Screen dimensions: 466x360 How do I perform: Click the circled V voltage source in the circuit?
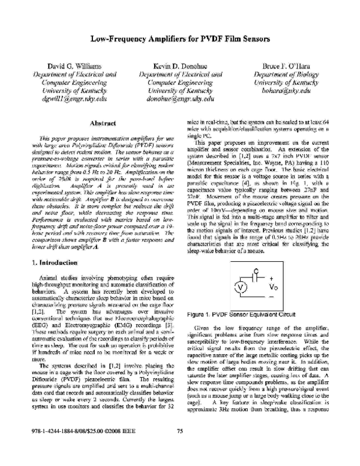[239, 286]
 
